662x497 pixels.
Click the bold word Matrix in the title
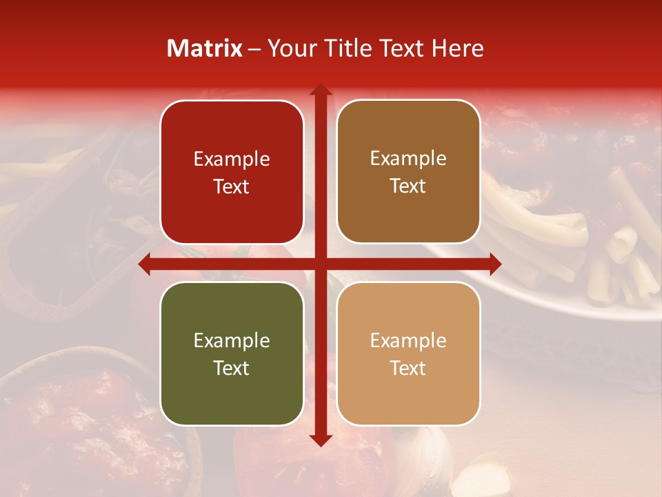point(205,48)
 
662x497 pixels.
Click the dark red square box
point(232,172)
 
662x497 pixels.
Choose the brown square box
point(408,172)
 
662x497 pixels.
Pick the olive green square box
point(232,353)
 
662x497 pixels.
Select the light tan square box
point(408,353)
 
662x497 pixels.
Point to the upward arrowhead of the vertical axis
point(320,89)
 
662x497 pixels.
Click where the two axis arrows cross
point(320,263)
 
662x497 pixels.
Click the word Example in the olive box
point(232,340)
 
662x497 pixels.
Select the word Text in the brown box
point(408,186)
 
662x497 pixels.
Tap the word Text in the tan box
point(408,368)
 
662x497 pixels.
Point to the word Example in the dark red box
point(232,159)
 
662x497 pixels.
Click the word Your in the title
point(288,48)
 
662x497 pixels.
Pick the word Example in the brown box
point(408,158)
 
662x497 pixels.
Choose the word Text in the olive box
point(232,368)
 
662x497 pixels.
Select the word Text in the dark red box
point(232,186)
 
